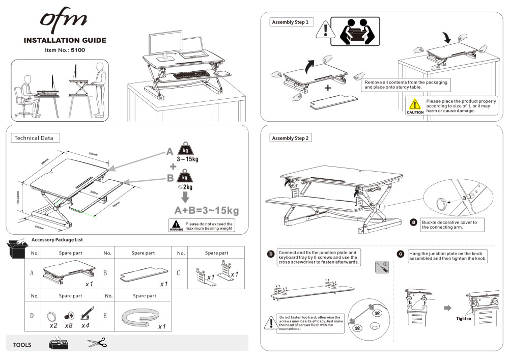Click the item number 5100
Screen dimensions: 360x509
77,50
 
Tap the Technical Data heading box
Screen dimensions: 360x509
34,137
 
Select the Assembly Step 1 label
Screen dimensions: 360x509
290,22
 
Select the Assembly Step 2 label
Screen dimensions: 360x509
291,138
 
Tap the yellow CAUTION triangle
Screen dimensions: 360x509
415,105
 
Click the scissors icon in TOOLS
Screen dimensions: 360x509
97,343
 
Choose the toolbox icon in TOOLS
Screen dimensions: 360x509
59,343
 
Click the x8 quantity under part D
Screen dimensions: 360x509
68,325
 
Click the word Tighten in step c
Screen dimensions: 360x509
464,318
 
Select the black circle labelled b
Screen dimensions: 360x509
271,254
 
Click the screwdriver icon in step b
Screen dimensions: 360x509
382,267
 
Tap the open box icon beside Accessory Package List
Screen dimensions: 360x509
17,248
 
